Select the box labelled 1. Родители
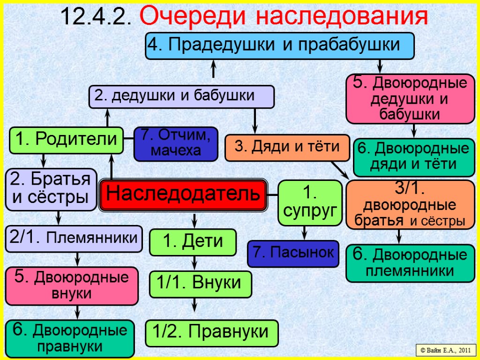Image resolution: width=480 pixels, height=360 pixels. tap(66, 140)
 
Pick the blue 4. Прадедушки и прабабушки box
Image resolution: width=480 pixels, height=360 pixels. tap(279, 45)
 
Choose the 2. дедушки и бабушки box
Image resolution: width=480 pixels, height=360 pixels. tap(181, 96)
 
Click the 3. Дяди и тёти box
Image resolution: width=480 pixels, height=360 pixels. tap(287, 147)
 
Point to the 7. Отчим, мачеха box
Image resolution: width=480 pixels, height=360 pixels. tap(176, 143)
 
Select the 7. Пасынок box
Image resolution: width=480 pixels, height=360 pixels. tap(293, 253)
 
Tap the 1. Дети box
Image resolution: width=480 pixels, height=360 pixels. tap(193, 242)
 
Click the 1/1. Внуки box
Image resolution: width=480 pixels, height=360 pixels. tap(200, 284)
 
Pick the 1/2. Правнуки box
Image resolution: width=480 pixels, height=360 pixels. tap(212, 333)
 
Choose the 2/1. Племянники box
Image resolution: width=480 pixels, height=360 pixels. tap(74, 238)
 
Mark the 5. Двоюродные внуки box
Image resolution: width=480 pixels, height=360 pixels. tap(72, 285)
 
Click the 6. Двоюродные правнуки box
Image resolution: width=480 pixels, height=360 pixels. tap(70, 338)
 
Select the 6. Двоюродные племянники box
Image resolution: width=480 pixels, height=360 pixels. tap(410, 263)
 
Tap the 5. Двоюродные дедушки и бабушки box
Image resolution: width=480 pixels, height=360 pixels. tap(410, 98)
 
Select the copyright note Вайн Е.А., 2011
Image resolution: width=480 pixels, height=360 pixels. tap(445, 350)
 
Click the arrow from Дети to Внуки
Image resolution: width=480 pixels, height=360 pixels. tap(195, 262)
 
